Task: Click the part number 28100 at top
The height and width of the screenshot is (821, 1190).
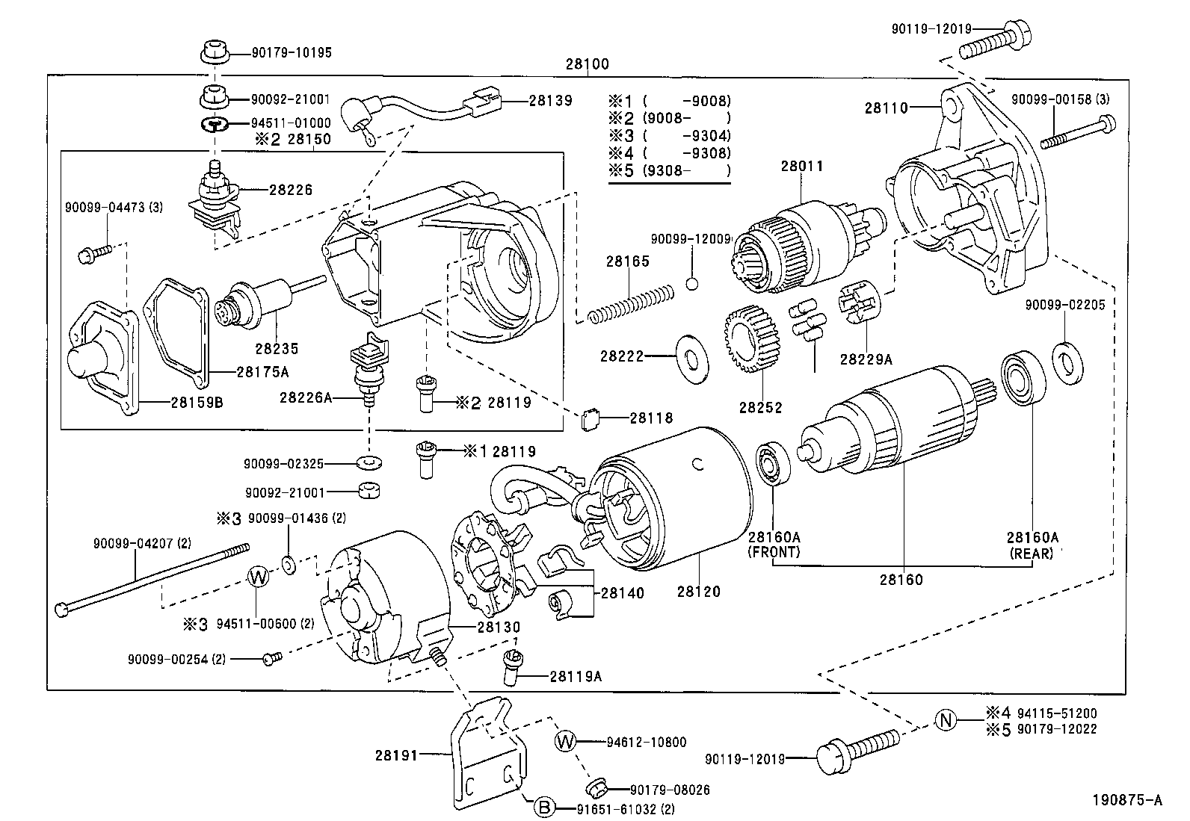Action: point(587,64)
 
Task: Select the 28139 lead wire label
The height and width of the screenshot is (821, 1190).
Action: point(550,100)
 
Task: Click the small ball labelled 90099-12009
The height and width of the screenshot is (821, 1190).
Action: point(692,284)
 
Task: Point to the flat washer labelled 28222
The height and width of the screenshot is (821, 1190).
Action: point(691,357)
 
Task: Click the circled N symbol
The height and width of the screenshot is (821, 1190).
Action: point(946,720)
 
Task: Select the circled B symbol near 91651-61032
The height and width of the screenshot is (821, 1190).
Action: point(544,808)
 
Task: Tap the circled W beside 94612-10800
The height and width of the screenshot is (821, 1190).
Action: point(566,742)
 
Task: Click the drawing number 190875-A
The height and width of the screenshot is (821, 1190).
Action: point(1127,800)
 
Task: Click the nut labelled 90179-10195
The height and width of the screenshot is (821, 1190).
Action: point(214,53)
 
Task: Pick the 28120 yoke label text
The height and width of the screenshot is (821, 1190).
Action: point(699,592)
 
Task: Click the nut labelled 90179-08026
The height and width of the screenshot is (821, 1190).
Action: point(596,786)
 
